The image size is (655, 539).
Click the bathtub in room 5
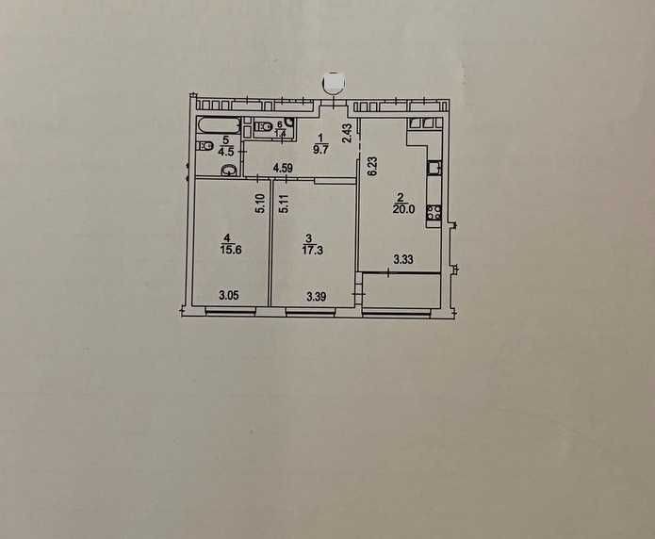coord(219,125)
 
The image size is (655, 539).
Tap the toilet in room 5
coord(205,146)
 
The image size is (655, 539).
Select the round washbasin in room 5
coord(228,170)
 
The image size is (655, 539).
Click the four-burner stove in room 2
coord(434,213)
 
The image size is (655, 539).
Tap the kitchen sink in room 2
coord(434,168)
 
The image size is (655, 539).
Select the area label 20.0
coord(403,209)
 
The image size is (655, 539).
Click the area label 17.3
coord(312,251)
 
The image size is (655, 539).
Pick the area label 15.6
coord(231,250)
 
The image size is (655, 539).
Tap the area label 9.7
coord(320,150)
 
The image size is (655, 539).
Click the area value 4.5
coord(226,151)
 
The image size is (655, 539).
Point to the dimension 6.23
coord(372,168)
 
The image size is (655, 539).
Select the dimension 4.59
coord(283,169)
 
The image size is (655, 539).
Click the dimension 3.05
coord(229,295)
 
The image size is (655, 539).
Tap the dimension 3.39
coord(317,297)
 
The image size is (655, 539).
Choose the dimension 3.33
coord(403,259)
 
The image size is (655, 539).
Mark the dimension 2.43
coord(347,133)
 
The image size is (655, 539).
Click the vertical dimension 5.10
coord(260,204)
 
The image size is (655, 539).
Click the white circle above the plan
coord(335,82)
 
